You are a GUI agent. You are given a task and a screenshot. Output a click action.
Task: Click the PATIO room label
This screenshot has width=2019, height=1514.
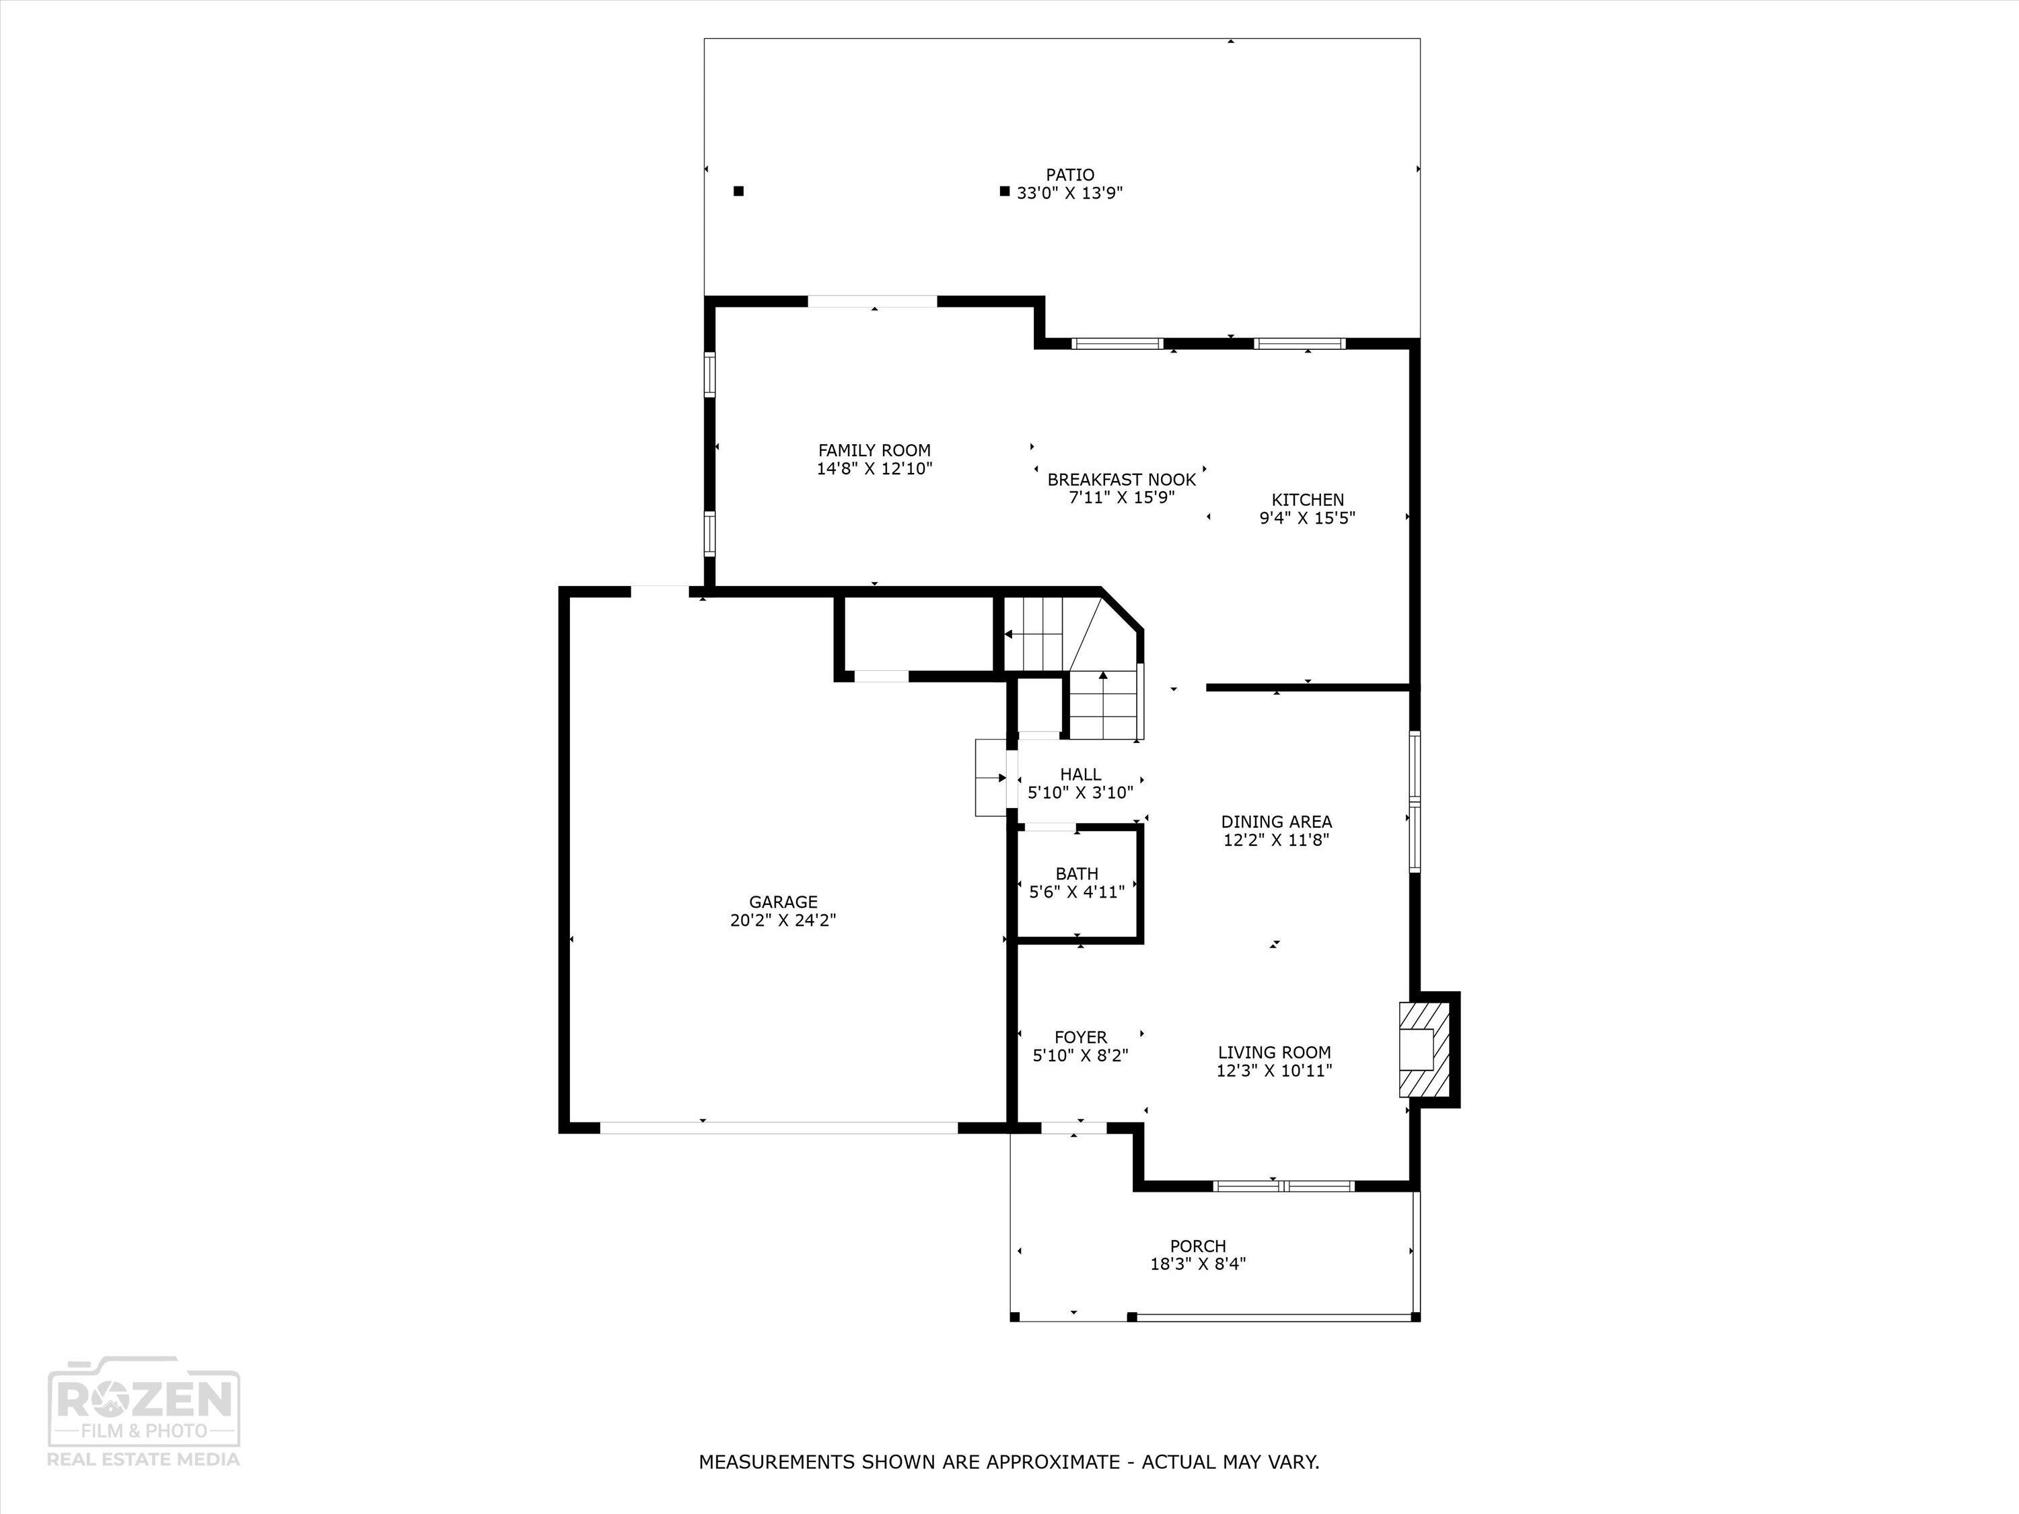(1070, 174)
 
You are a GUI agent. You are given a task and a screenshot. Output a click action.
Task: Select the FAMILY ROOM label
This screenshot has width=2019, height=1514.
(874, 450)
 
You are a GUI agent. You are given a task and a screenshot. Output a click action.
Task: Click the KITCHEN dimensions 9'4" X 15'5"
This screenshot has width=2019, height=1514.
(1307, 518)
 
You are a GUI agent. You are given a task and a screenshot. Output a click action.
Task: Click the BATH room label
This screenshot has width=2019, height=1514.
(1076, 873)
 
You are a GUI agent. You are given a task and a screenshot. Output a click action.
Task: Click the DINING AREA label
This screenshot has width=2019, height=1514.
(1276, 822)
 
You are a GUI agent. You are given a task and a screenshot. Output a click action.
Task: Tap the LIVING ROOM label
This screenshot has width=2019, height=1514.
(1274, 1052)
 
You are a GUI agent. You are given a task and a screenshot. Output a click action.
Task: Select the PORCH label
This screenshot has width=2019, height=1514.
(1197, 1246)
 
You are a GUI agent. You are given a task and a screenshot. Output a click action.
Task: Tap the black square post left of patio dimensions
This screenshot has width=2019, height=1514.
(1004, 192)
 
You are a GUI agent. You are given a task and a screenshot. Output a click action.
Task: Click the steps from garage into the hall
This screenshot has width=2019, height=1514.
(991, 778)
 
